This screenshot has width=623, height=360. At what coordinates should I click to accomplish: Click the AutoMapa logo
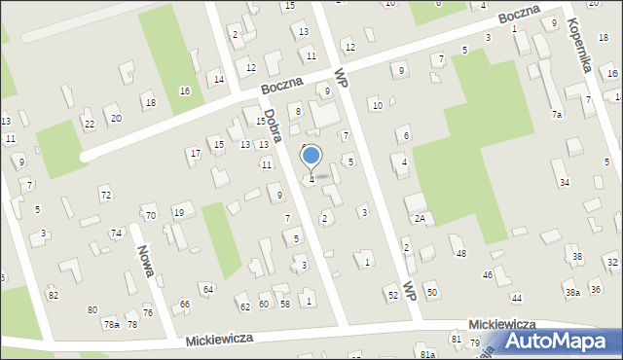(x=558, y=340)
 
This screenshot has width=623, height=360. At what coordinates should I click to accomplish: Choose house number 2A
(x=420, y=218)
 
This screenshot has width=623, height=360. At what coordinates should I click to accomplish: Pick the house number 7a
(x=557, y=115)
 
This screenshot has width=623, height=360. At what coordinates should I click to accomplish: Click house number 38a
(x=573, y=292)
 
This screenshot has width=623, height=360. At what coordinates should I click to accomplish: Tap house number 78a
(x=112, y=324)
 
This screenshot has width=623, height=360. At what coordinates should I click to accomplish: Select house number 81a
(x=427, y=355)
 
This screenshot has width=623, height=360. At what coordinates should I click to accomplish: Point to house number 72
(x=105, y=196)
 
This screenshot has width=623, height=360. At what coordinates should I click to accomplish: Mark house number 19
(x=178, y=212)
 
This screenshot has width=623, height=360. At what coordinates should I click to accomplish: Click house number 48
(x=461, y=253)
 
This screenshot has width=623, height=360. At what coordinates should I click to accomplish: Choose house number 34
(x=564, y=183)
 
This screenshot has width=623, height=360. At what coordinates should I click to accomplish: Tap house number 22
(x=89, y=124)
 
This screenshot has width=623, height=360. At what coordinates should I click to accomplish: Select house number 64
(x=207, y=289)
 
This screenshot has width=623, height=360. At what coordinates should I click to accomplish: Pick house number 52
(x=392, y=294)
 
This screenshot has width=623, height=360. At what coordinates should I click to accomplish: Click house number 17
(x=196, y=153)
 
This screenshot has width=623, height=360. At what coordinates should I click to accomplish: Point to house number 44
(x=516, y=298)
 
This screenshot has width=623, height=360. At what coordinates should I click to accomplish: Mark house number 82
(x=53, y=295)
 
